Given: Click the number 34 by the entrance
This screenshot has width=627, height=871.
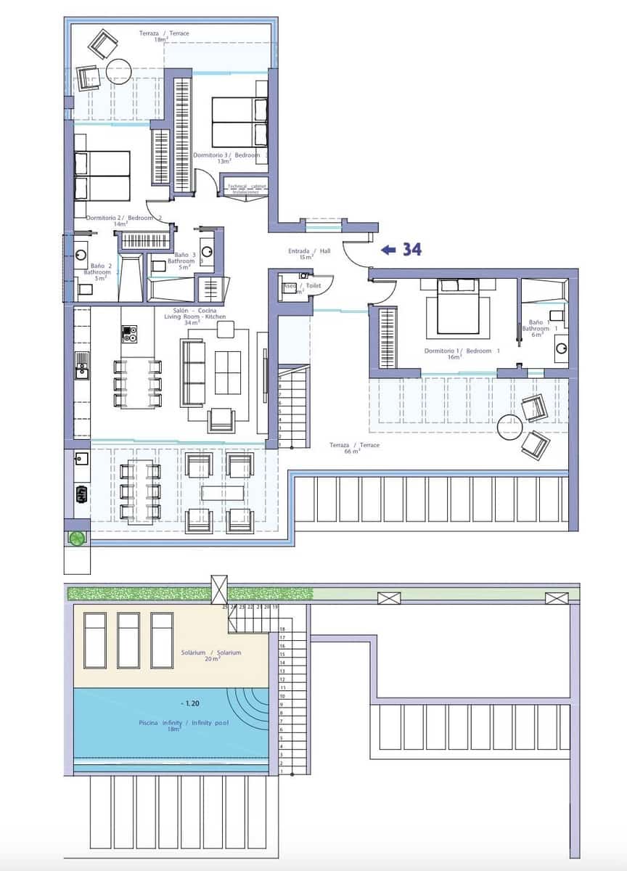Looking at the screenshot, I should pyautogui.click(x=412, y=250).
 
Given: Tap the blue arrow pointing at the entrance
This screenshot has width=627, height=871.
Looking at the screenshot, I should pyautogui.click(x=388, y=250).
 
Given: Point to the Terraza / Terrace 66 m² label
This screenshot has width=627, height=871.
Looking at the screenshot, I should pyautogui.click(x=354, y=448).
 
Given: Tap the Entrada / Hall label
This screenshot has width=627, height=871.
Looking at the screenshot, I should pyautogui.click(x=309, y=254).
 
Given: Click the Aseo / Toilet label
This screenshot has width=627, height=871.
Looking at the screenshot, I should pyautogui.click(x=302, y=287).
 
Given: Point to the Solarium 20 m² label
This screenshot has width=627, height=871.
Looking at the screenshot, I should pyautogui.click(x=210, y=655).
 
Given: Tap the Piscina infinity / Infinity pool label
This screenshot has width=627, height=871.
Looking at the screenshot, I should pyautogui.click(x=173, y=726).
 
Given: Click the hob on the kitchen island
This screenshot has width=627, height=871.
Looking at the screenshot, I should pyautogui.click(x=129, y=334).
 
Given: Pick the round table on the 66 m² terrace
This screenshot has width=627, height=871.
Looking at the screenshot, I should pyautogui.click(x=510, y=427).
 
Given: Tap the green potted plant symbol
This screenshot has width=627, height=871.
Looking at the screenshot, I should pyautogui.click(x=76, y=538).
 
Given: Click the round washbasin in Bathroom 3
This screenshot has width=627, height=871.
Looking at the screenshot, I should pyautogui.click(x=208, y=252).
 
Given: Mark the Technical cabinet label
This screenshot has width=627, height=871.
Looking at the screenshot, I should pyautogui.click(x=247, y=187).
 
